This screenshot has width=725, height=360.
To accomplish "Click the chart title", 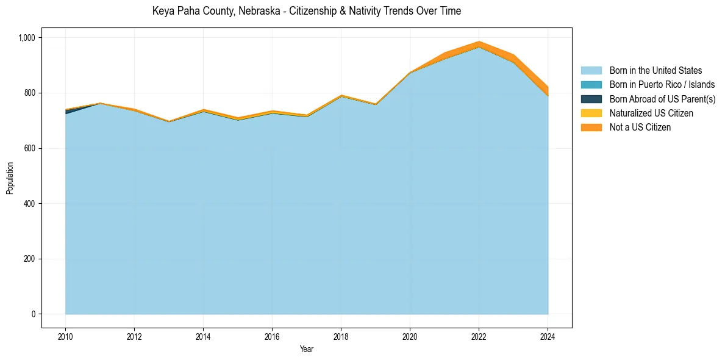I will coord(306,11).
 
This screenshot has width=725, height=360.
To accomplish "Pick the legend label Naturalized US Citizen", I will coord(651,113).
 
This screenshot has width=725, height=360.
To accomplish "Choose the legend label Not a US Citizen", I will coord(640,127).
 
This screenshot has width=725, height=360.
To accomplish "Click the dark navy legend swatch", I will coord(591,99).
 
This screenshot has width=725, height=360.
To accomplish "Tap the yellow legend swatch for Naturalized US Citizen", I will coord(591,113).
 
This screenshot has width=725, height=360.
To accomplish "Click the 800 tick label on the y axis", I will coord(30,93).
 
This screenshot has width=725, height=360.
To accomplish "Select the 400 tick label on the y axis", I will coord(30,203).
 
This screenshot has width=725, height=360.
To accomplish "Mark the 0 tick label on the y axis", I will coord(34,314).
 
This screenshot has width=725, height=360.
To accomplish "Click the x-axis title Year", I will coord(307,349).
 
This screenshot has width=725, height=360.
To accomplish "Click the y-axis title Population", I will coord(10,178).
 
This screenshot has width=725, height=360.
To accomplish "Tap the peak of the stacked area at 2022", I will coord(479,42).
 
